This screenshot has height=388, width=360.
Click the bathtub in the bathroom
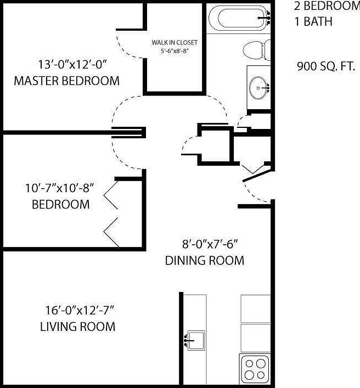(x=239, y=19)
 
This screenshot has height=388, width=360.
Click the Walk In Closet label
(x=175, y=42)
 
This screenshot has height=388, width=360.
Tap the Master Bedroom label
(x=66, y=81)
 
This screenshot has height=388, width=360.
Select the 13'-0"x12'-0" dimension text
(x=66, y=63)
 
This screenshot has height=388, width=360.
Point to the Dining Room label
(x=204, y=260)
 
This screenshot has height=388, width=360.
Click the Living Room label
(x=78, y=327)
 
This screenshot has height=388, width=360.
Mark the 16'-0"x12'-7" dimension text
(x=78, y=310)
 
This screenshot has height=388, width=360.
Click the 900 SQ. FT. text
(x=326, y=67)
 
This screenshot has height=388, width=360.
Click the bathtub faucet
(x=266, y=18)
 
